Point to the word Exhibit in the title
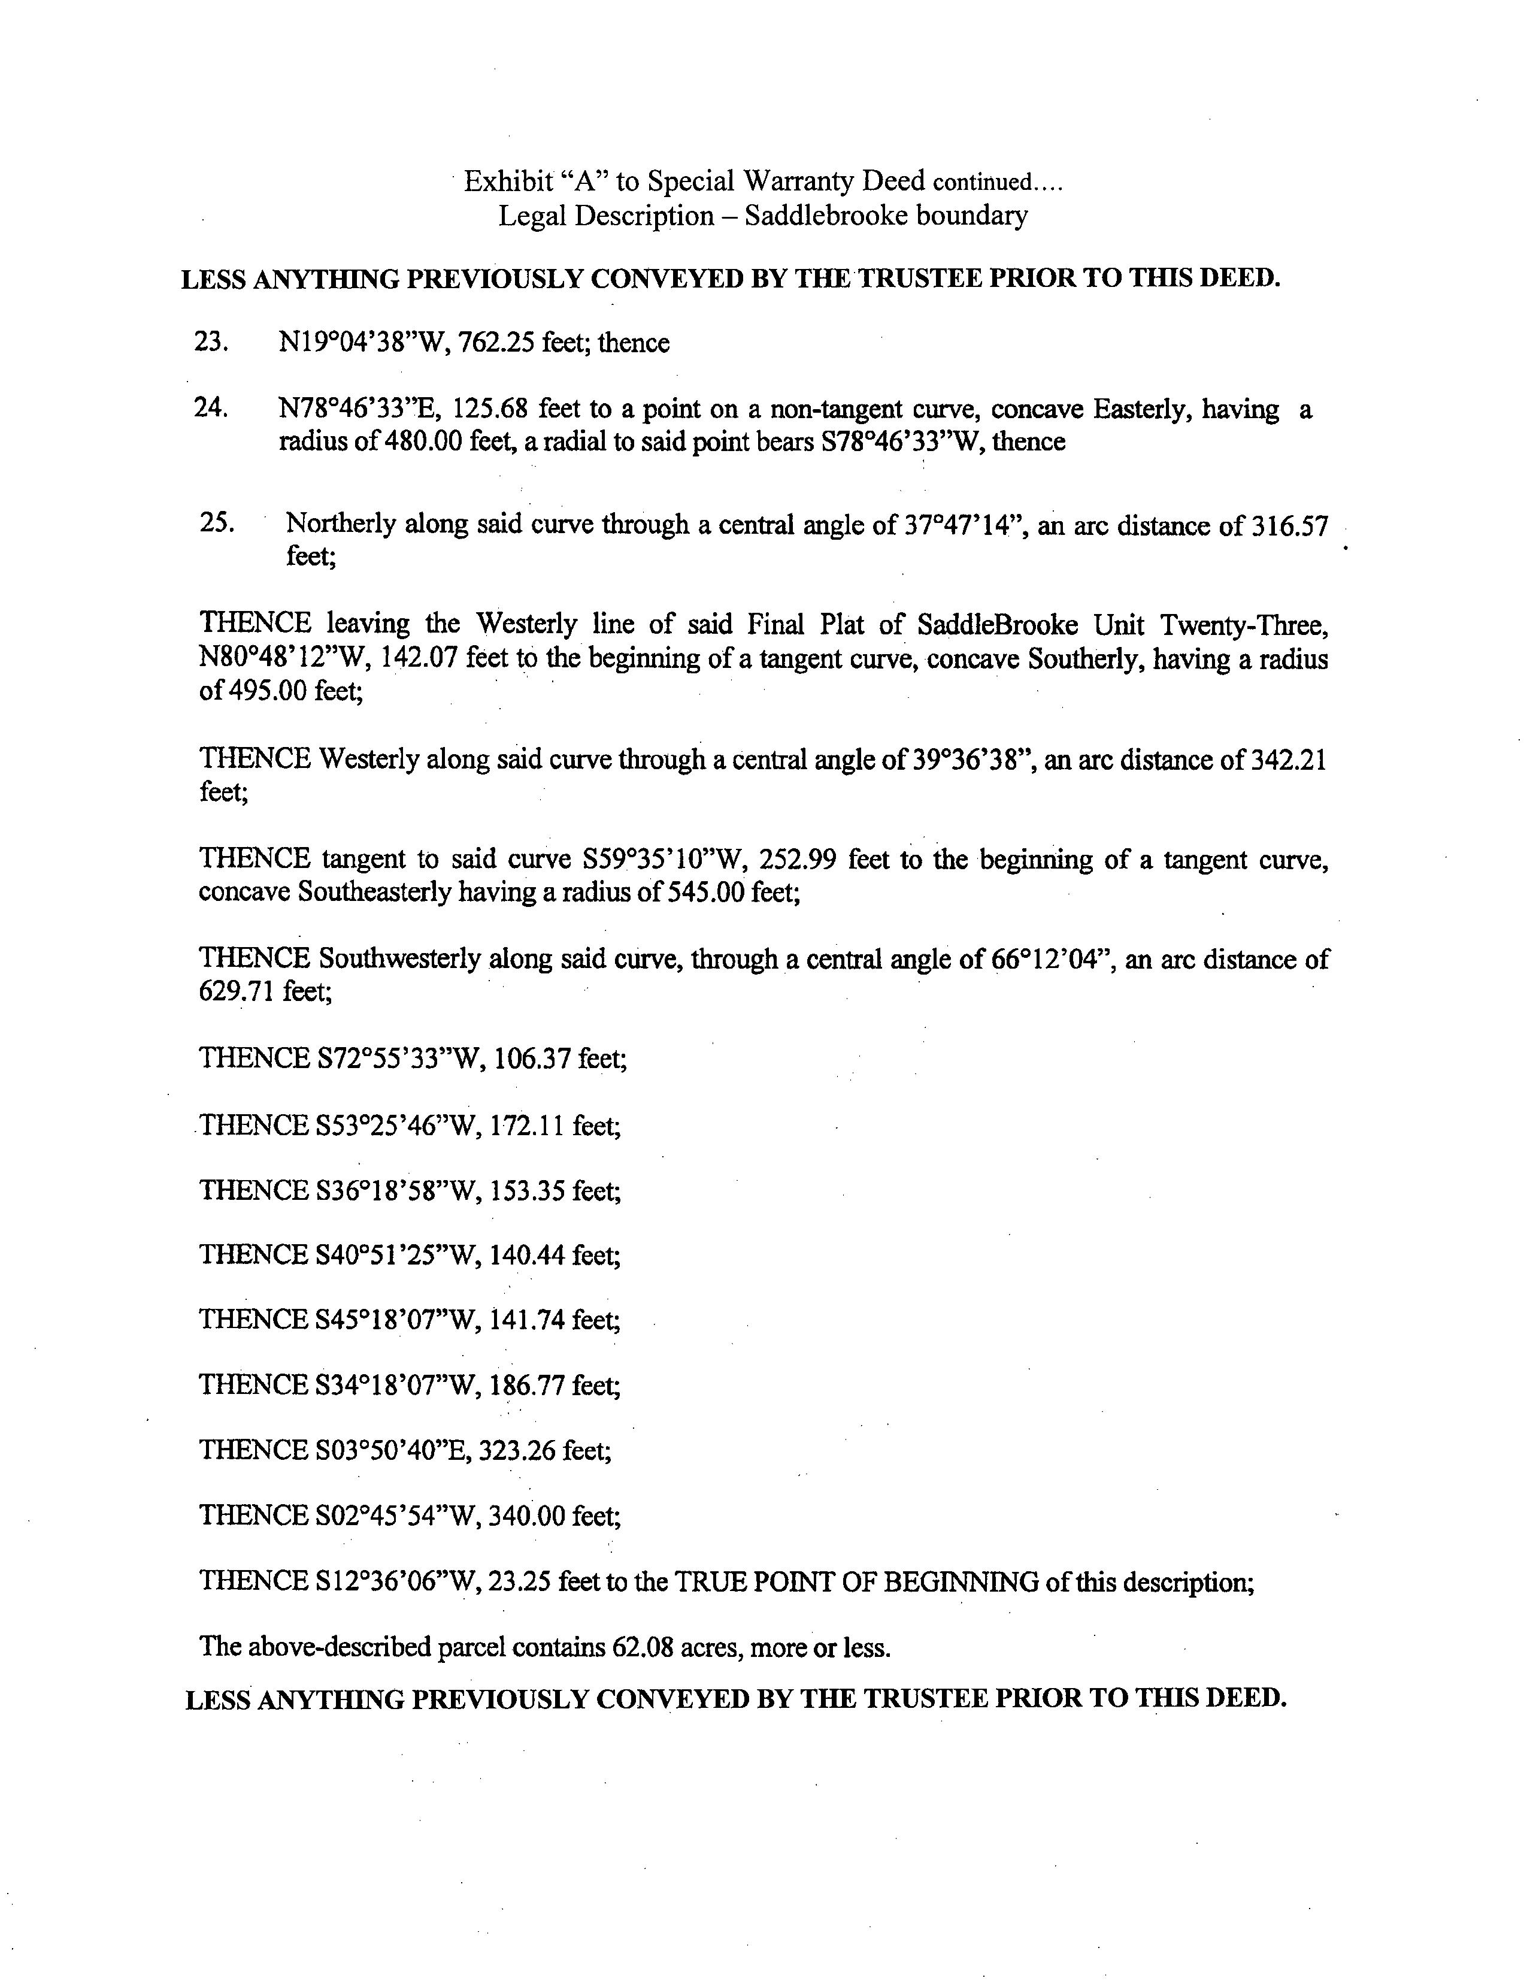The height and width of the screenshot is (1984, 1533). pyautogui.click(x=508, y=182)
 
